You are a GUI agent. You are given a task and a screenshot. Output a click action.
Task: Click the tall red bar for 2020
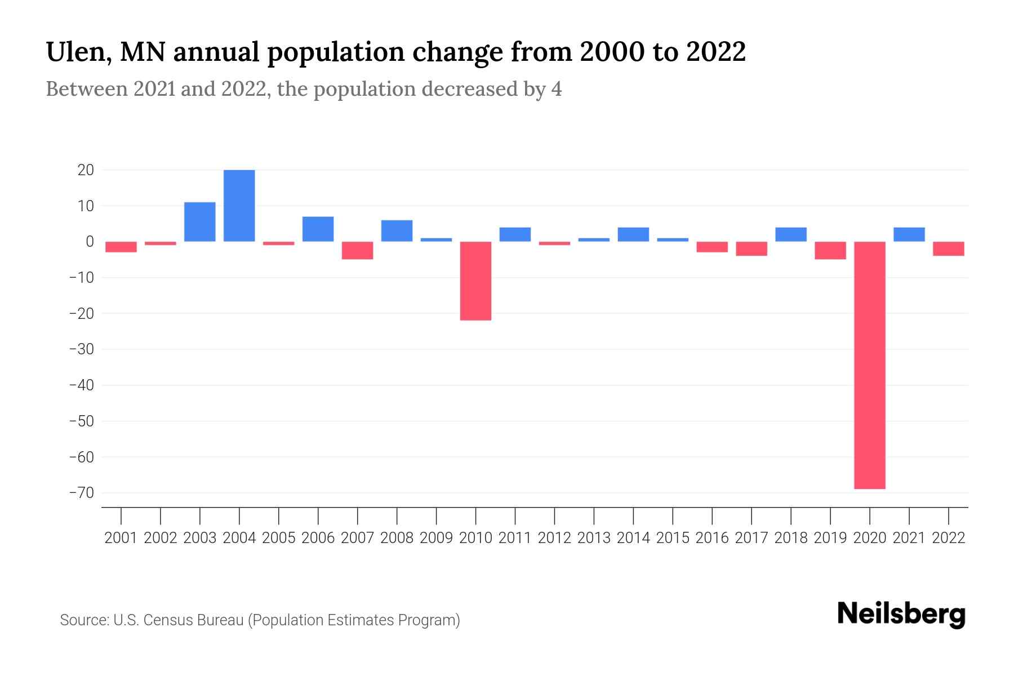(x=869, y=365)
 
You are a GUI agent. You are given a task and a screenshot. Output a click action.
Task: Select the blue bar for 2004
(x=239, y=206)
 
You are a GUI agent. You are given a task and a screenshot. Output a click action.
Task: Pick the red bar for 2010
(x=475, y=281)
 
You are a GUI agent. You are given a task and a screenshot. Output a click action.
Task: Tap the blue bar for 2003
(x=199, y=221)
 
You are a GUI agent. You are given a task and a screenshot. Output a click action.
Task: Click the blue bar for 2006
(x=318, y=229)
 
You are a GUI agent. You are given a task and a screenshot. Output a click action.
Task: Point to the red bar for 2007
(x=357, y=250)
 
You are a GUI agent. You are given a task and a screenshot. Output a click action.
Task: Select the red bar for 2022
(x=948, y=248)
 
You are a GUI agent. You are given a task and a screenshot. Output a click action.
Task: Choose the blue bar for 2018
(x=790, y=234)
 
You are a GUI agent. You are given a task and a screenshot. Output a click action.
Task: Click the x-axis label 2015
(x=673, y=538)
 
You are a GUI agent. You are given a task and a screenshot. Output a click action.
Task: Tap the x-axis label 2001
(x=121, y=538)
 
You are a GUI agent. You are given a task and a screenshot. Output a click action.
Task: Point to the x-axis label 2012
(x=554, y=538)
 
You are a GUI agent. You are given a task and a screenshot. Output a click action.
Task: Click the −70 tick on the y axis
(x=81, y=493)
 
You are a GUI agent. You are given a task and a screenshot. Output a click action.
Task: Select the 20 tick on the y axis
(x=86, y=170)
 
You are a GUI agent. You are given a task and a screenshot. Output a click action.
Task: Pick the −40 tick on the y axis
(x=81, y=385)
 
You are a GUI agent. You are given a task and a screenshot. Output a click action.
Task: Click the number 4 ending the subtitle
(x=556, y=89)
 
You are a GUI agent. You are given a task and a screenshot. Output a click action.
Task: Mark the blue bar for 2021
(x=909, y=234)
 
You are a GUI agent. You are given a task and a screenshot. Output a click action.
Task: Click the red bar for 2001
(x=121, y=247)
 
